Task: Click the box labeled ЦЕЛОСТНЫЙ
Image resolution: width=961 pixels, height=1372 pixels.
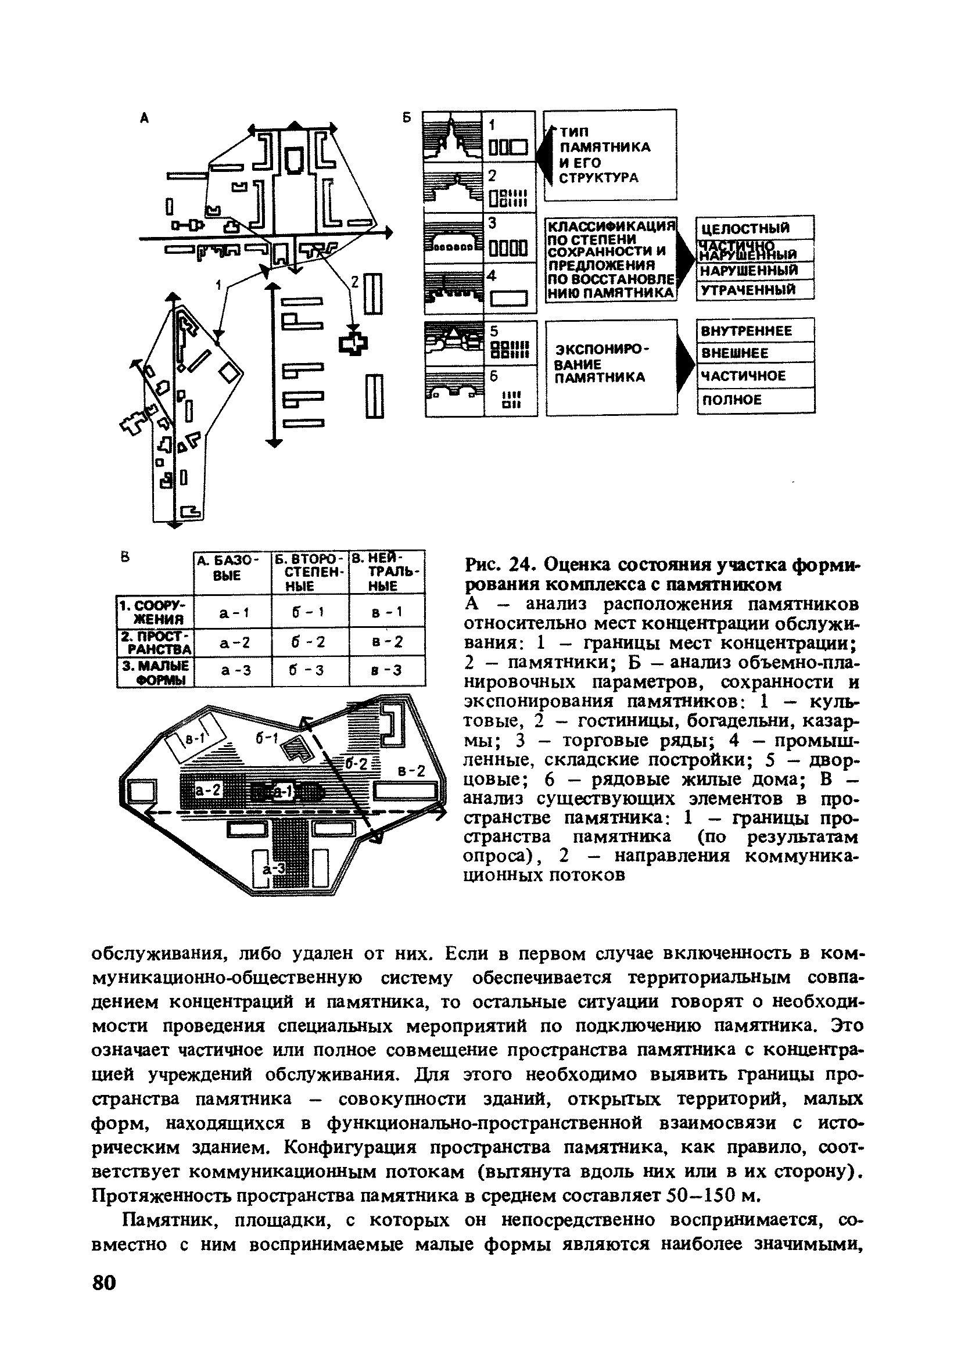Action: tap(754, 228)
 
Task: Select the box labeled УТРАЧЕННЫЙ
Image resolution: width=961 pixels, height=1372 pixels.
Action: tap(754, 290)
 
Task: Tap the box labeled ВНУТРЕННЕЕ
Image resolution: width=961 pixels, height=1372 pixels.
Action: tap(755, 331)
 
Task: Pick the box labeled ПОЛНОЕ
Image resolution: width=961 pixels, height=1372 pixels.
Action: tap(755, 400)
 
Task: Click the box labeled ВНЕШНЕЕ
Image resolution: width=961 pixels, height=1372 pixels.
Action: tap(755, 353)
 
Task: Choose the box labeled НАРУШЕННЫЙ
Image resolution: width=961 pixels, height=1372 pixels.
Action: tap(754, 271)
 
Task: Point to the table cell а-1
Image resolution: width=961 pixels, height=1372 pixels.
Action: tap(232, 612)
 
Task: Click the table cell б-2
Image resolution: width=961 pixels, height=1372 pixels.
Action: tap(310, 642)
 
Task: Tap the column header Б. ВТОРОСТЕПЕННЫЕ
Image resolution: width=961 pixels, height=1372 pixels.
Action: tap(310, 572)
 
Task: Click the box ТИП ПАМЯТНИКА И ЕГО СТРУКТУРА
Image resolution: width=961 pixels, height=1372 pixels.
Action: tap(609, 155)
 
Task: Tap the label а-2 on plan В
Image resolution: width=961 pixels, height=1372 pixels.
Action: tap(209, 791)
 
